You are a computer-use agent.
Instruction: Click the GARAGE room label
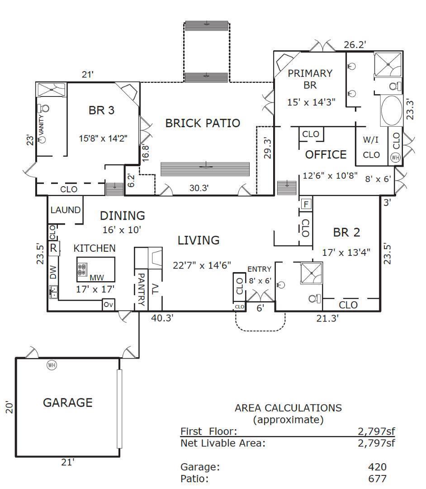click(67, 402)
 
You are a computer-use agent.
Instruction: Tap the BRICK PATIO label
click(202, 123)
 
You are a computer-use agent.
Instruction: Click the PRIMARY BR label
click(310, 79)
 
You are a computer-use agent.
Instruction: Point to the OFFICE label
click(326, 154)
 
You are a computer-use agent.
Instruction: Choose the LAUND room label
click(65, 210)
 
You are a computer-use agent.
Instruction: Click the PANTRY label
click(141, 288)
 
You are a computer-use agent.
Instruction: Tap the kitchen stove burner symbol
click(82, 270)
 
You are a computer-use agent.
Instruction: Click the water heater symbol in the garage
click(52, 364)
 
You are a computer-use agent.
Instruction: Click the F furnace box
click(306, 204)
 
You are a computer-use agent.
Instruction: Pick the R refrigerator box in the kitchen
click(53, 248)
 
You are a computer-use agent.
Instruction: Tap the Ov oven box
click(108, 305)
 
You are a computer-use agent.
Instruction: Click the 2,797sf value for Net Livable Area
click(376, 443)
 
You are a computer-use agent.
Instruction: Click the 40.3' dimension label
click(162, 318)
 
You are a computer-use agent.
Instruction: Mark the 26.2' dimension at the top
click(354, 44)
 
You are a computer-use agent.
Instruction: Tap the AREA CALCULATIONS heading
click(288, 407)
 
